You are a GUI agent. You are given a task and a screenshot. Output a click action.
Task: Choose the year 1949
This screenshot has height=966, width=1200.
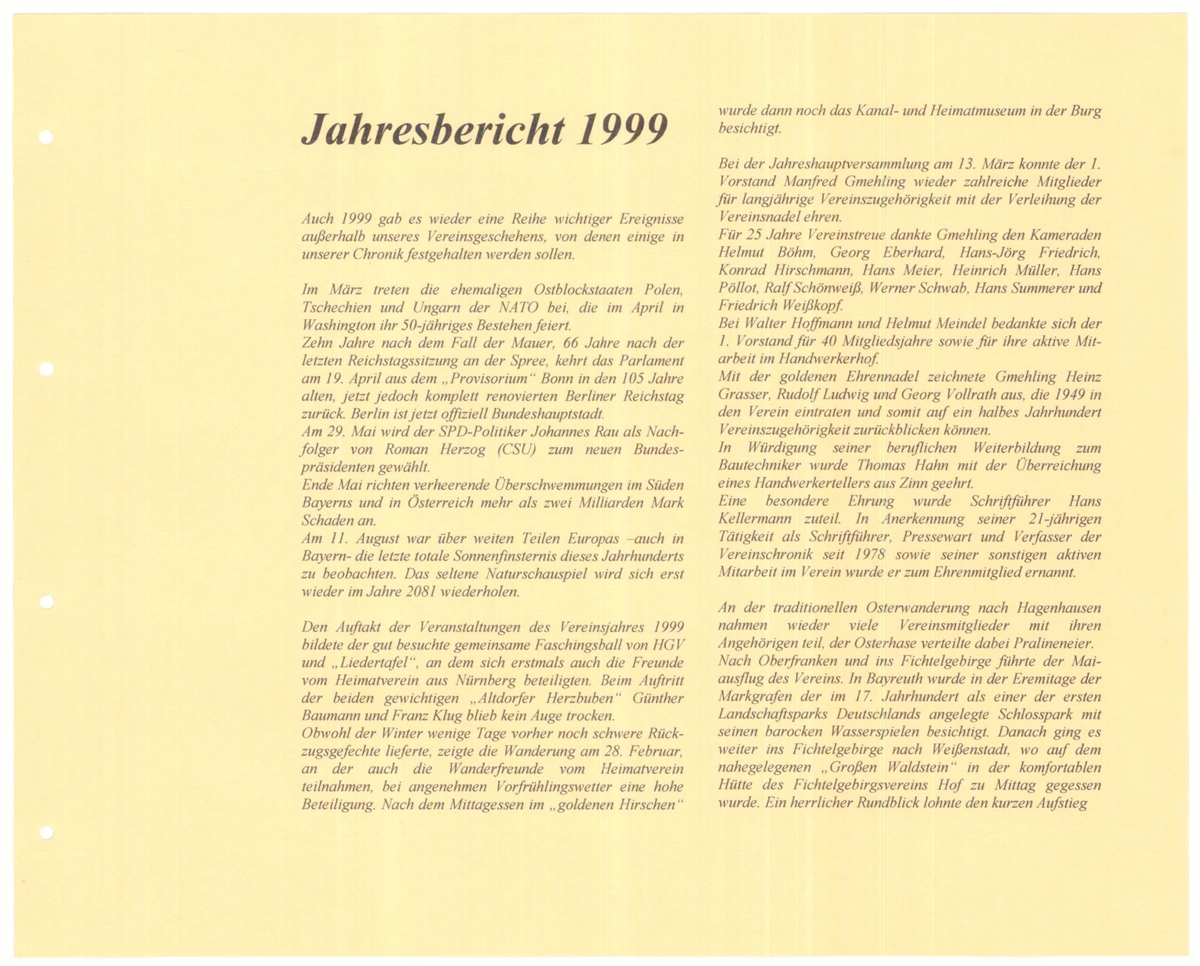point(1051,395)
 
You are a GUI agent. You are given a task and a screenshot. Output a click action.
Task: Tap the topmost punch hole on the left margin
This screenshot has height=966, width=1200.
point(46,137)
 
